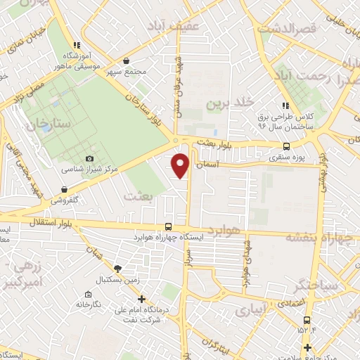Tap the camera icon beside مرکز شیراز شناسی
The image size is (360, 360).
89,160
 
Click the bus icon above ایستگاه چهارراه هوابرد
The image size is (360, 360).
168,226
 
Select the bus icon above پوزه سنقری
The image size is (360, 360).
285,147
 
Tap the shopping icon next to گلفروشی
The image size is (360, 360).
65,189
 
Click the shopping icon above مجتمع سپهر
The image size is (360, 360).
126,60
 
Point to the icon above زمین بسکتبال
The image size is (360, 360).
117,269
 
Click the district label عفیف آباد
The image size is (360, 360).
173,25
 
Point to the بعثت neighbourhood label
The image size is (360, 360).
137,196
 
